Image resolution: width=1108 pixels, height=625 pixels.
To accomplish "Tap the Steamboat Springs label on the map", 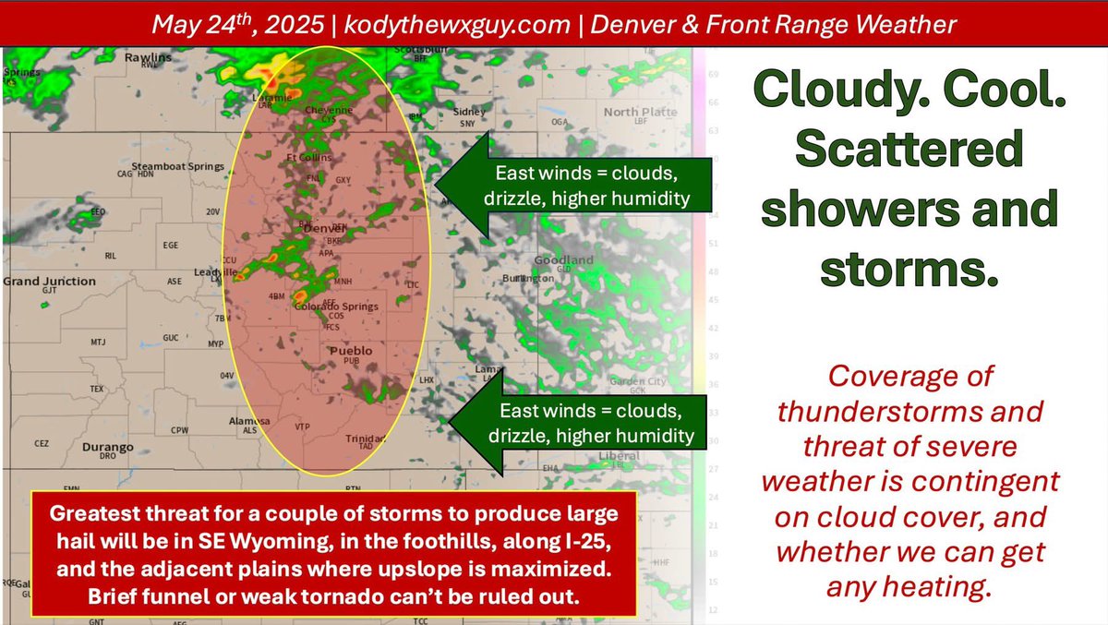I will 178,166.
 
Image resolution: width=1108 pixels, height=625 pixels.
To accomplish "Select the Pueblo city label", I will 352,351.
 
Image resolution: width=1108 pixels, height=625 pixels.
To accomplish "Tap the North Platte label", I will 640,112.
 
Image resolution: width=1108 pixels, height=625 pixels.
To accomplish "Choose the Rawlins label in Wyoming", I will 148,58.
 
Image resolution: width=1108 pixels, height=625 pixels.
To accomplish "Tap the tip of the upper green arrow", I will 438,184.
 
